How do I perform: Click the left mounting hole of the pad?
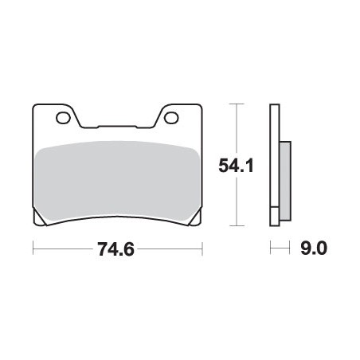(63, 118)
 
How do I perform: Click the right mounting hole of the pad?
(171, 118)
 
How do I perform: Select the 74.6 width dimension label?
(115, 249)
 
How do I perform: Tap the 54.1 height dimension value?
(236, 165)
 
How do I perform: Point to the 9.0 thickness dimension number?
(314, 248)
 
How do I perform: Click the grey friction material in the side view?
(285, 181)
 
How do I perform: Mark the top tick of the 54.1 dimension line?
(236, 104)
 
